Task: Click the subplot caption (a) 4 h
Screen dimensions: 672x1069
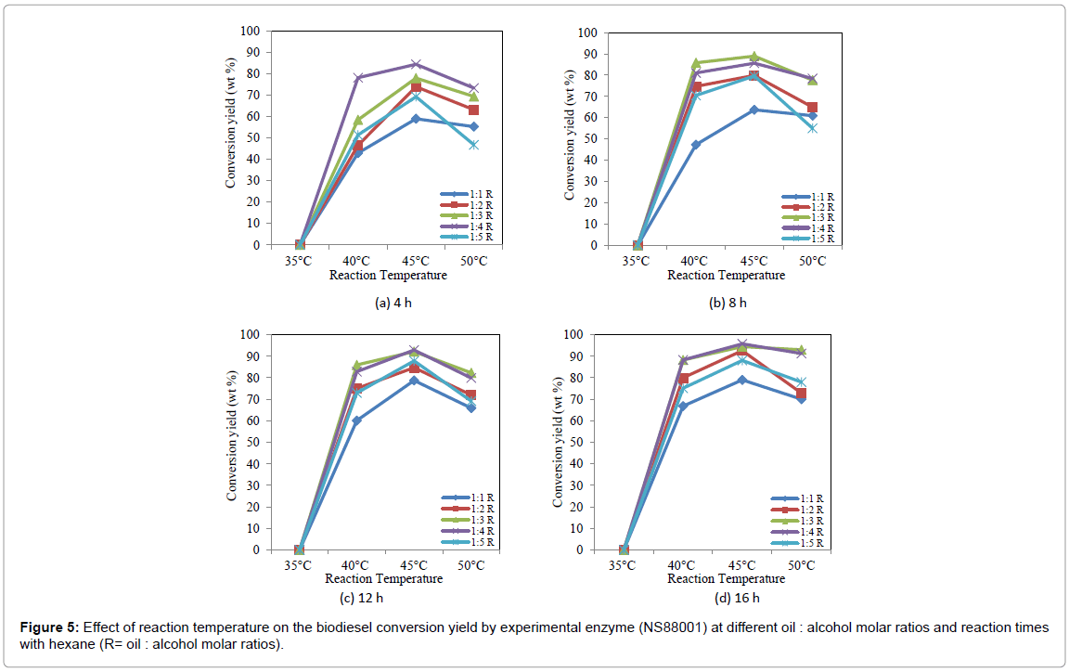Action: (386, 303)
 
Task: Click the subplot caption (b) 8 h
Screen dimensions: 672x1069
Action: (727, 303)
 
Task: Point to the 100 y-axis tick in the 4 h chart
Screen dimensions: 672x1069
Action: (250, 31)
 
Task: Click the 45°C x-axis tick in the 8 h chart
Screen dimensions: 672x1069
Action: (753, 261)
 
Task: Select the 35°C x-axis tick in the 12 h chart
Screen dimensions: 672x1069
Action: (299, 565)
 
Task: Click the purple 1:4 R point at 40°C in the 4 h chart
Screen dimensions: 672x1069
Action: (358, 78)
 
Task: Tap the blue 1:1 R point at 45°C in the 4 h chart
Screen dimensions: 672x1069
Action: (416, 119)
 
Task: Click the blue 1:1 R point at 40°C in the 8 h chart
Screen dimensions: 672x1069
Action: (696, 145)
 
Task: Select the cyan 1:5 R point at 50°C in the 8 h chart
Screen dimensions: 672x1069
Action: (812, 128)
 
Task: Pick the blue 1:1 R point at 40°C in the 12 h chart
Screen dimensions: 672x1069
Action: (356, 420)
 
